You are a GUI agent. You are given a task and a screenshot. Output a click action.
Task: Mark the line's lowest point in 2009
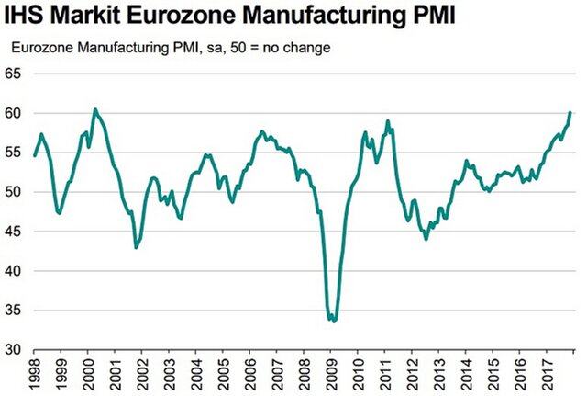pyautogui.click(x=334, y=322)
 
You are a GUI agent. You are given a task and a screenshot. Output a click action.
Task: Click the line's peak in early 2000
pyautogui.click(x=94, y=109)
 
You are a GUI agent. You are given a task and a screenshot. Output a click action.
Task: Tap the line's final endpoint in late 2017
pyautogui.click(x=570, y=112)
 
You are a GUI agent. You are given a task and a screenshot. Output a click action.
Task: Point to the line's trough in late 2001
pyautogui.click(x=136, y=247)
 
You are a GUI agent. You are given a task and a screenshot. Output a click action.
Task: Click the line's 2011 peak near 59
pyautogui.click(x=388, y=120)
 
